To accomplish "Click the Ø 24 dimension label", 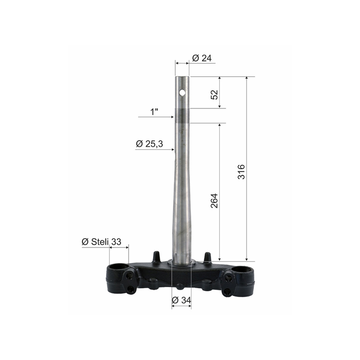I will tap(202, 58).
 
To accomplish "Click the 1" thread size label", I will tap(154, 111).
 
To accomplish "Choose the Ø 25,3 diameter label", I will tap(149, 144).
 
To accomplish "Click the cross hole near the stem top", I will tap(182, 93).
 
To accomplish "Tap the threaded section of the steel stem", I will tap(182, 117).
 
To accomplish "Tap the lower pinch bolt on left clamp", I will tap(131, 290).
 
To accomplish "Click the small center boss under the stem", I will tap(180, 287).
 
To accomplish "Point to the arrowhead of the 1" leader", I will tap(173, 117).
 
